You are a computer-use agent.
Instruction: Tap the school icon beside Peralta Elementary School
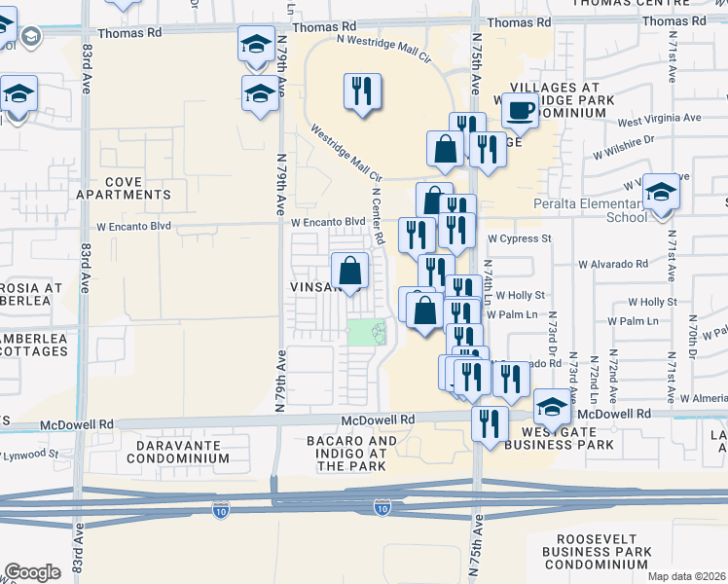pos(661,191)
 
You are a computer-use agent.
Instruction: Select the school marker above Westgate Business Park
pos(552,408)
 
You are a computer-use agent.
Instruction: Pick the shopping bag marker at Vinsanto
pos(349,271)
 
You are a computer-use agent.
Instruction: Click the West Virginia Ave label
pos(659,119)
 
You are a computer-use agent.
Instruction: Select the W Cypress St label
pos(520,237)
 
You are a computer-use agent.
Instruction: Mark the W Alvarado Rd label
pos(612,264)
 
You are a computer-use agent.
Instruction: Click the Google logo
pos(32,572)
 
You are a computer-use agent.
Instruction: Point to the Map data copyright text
pos(687,576)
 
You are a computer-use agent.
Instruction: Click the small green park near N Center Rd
pos(367,333)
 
